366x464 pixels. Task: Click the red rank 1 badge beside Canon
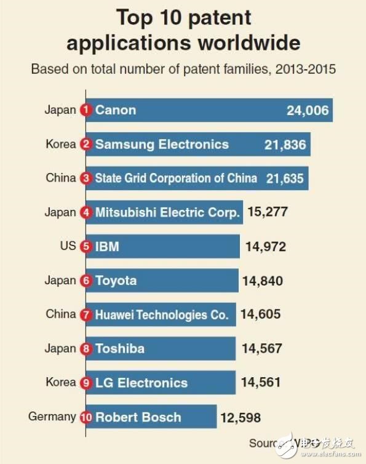coord(86,111)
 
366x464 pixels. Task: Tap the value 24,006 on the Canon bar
coord(308,111)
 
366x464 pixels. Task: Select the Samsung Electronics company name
coord(162,145)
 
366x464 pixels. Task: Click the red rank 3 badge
coord(86,178)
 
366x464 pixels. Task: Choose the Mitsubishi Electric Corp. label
coord(167,213)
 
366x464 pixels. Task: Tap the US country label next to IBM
coord(68,246)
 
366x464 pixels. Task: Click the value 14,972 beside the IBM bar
coord(266,247)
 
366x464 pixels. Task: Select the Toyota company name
coord(116,281)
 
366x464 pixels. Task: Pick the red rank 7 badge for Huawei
coord(86,314)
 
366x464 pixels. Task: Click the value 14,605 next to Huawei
coord(260,314)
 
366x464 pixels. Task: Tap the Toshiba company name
coord(120,348)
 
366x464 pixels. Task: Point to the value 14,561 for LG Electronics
coord(260,382)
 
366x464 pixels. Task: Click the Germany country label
coord(52,417)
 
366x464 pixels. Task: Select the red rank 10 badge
coord(86,417)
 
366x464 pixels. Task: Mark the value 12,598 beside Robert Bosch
coord(241,418)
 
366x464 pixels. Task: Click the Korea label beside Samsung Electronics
coord(61,145)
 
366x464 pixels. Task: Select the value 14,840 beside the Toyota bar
coord(263,281)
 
